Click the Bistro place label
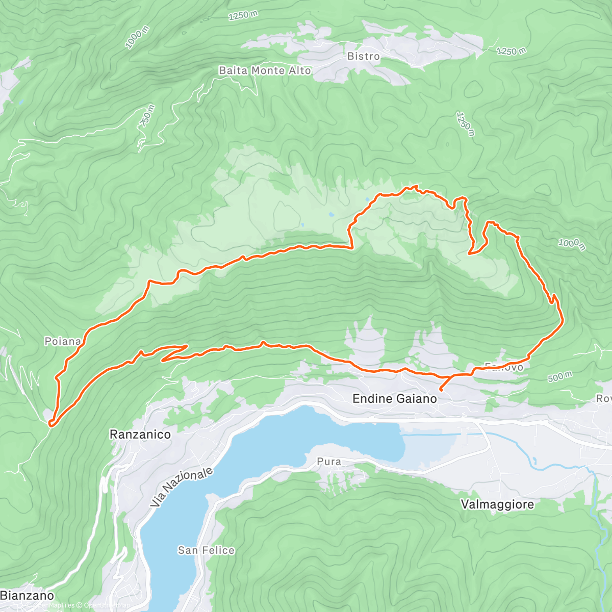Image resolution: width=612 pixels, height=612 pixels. (363, 56)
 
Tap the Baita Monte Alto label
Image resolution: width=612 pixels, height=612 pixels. (265, 70)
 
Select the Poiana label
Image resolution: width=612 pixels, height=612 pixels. (63, 341)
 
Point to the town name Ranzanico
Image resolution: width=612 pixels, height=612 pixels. (140, 435)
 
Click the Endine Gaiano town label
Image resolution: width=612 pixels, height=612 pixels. (395, 398)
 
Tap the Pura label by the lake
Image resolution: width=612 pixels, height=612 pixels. (329, 462)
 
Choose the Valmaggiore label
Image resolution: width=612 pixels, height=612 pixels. (497, 504)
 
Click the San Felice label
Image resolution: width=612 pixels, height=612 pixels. (206, 550)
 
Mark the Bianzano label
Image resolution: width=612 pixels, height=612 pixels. (27, 595)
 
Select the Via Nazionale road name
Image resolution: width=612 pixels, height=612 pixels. (182, 487)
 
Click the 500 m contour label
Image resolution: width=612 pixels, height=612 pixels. (559, 377)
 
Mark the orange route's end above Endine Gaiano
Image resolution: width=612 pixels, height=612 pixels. (441, 390)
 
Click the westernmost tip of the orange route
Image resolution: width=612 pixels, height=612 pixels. (50, 422)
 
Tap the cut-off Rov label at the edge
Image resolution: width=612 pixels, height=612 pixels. (604, 398)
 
